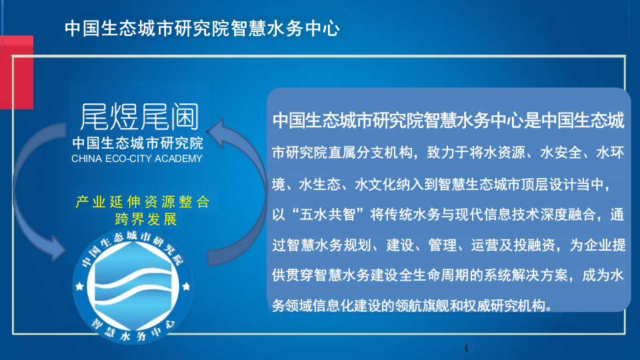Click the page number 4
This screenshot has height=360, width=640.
[x=466, y=349]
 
